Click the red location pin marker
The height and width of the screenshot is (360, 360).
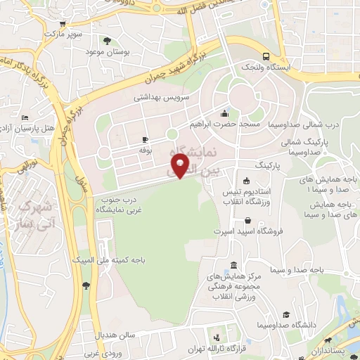tap(181, 167)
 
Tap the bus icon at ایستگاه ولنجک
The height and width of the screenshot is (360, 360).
tap(266, 57)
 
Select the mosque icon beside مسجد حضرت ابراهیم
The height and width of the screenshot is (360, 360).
tap(224, 114)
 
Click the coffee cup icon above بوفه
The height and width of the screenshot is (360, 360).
tap(145, 140)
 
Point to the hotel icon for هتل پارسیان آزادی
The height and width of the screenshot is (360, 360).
tap(25, 117)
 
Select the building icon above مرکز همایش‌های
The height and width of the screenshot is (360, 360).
tap(233, 265)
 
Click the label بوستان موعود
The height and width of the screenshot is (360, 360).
tap(105, 52)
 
